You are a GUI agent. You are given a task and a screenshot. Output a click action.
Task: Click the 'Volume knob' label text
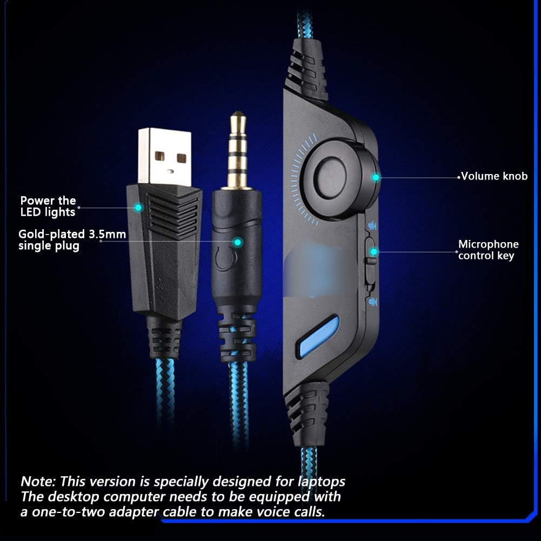(x=494, y=176)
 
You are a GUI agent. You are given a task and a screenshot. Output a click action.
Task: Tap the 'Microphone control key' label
(x=488, y=250)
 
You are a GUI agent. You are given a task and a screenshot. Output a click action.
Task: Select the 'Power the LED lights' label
(x=48, y=206)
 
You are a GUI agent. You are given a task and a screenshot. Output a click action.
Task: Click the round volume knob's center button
(x=331, y=177)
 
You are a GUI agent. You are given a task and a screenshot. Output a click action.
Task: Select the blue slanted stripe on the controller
(x=319, y=336)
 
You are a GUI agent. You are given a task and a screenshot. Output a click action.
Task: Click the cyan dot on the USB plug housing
(x=138, y=207)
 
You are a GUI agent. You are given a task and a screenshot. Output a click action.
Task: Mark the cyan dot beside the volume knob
(x=376, y=177)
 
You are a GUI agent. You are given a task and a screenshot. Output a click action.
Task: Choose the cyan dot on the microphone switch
(x=373, y=251)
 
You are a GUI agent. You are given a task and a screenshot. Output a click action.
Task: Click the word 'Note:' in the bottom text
(x=38, y=481)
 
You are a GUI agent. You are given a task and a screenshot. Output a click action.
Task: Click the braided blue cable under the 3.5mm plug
(x=238, y=400)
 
